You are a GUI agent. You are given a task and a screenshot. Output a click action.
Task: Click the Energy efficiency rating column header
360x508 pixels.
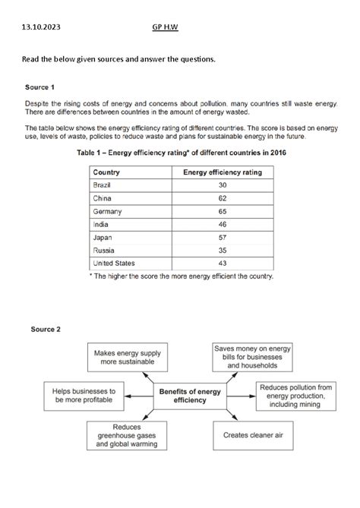coord(223,172)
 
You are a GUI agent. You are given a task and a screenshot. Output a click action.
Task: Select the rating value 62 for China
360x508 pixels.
coord(223,198)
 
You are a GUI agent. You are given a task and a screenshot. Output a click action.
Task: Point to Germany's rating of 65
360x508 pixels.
coord(223,211)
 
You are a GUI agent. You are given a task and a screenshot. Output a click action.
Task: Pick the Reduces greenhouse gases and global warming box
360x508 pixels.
coord(125,435)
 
